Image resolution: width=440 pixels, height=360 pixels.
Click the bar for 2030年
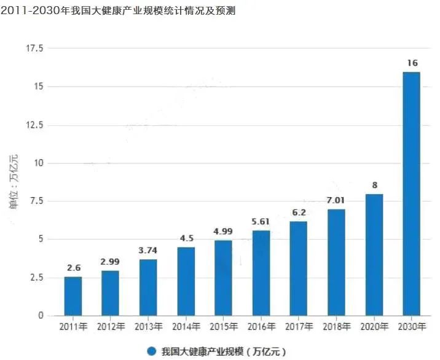411,194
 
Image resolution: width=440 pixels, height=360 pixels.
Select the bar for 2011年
73,296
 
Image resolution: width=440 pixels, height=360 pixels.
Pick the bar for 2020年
374,255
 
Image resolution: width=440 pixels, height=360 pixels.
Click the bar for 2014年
186,281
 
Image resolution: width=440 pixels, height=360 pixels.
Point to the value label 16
412,63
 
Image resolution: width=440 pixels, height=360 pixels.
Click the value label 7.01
336,200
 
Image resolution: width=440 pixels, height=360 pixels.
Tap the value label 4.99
223,231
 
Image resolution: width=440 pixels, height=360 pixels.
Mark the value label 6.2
299,212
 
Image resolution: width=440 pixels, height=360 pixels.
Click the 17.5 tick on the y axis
34,49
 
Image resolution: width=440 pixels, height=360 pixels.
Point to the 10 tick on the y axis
39,163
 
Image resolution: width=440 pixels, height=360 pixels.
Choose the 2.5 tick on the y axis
36,278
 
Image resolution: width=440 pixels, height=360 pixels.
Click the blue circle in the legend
151,351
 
